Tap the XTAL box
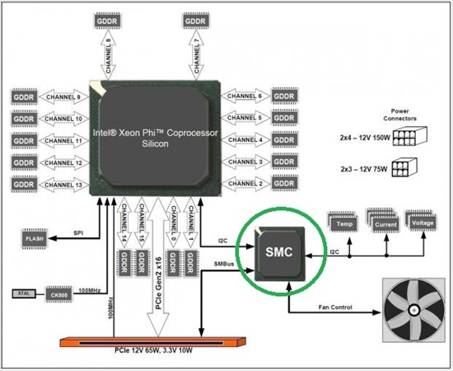[23, 293]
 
